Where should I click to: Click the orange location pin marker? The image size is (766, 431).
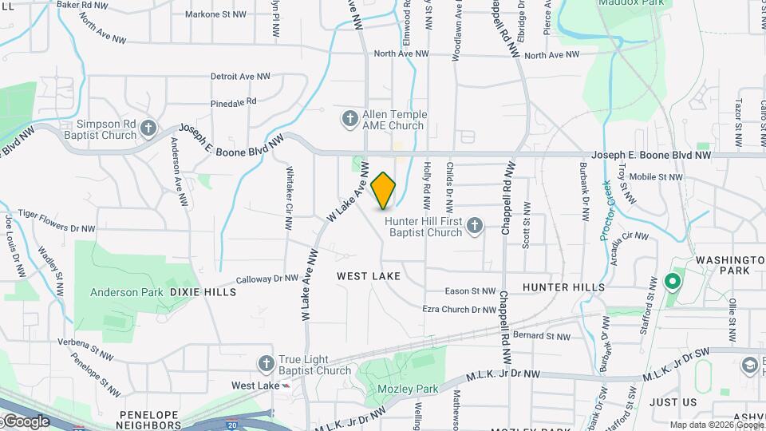pos(383,190)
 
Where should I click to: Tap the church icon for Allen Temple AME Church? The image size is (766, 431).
pos(349,120)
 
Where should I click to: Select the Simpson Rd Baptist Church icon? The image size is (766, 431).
pos(148,129)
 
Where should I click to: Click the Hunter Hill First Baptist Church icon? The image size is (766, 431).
pos(474,227)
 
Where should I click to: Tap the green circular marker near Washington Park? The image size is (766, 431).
pos(672,281)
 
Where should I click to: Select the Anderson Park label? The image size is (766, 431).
pos(126,292)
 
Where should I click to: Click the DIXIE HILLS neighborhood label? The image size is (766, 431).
pos(203,292)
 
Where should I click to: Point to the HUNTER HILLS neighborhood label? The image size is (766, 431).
pos(563,287)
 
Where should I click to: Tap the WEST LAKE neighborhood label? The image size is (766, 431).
pos(368,276)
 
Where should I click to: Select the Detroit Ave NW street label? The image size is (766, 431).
pos(240,77)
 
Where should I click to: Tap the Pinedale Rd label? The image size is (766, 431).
pos(233,102)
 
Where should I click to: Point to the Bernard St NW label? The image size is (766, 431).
pos(541,336)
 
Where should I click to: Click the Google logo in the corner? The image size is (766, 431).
pos(26,421)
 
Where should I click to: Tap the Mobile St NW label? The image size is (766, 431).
pos(656,177)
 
